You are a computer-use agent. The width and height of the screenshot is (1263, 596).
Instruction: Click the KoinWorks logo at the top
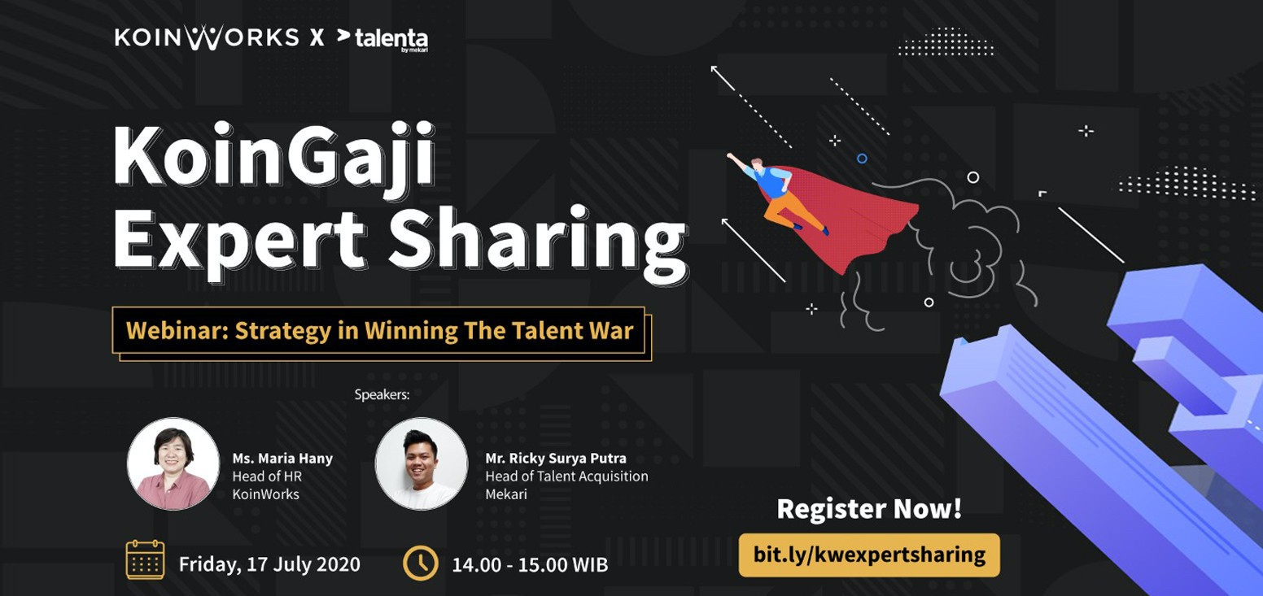207,37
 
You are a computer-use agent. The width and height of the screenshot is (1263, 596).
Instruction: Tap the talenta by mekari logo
382,39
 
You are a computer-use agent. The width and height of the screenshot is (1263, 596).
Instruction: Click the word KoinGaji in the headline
274,155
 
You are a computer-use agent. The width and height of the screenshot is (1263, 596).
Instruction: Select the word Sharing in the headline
539,241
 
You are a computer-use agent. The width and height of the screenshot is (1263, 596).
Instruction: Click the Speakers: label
382,394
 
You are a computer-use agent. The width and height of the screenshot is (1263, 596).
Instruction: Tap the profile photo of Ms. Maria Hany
173,463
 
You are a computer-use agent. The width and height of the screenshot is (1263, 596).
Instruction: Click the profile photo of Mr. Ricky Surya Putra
422,463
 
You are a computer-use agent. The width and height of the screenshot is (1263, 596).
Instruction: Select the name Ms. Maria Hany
282,459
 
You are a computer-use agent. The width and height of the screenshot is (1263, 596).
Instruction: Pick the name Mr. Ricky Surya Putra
556,458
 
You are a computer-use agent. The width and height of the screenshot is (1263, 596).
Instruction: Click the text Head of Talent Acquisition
566,476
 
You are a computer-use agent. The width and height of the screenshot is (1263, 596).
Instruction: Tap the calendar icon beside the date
145,559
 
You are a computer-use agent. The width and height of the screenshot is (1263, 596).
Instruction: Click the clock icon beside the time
421,563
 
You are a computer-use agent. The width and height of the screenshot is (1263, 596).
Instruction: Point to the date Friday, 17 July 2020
269,564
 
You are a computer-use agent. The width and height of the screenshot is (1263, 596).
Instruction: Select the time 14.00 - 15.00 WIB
530,565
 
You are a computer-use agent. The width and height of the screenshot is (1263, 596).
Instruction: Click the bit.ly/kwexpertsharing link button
869,555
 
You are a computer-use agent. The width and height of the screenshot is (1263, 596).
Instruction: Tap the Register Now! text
869,509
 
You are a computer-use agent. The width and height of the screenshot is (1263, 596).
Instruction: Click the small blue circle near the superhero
862,159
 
